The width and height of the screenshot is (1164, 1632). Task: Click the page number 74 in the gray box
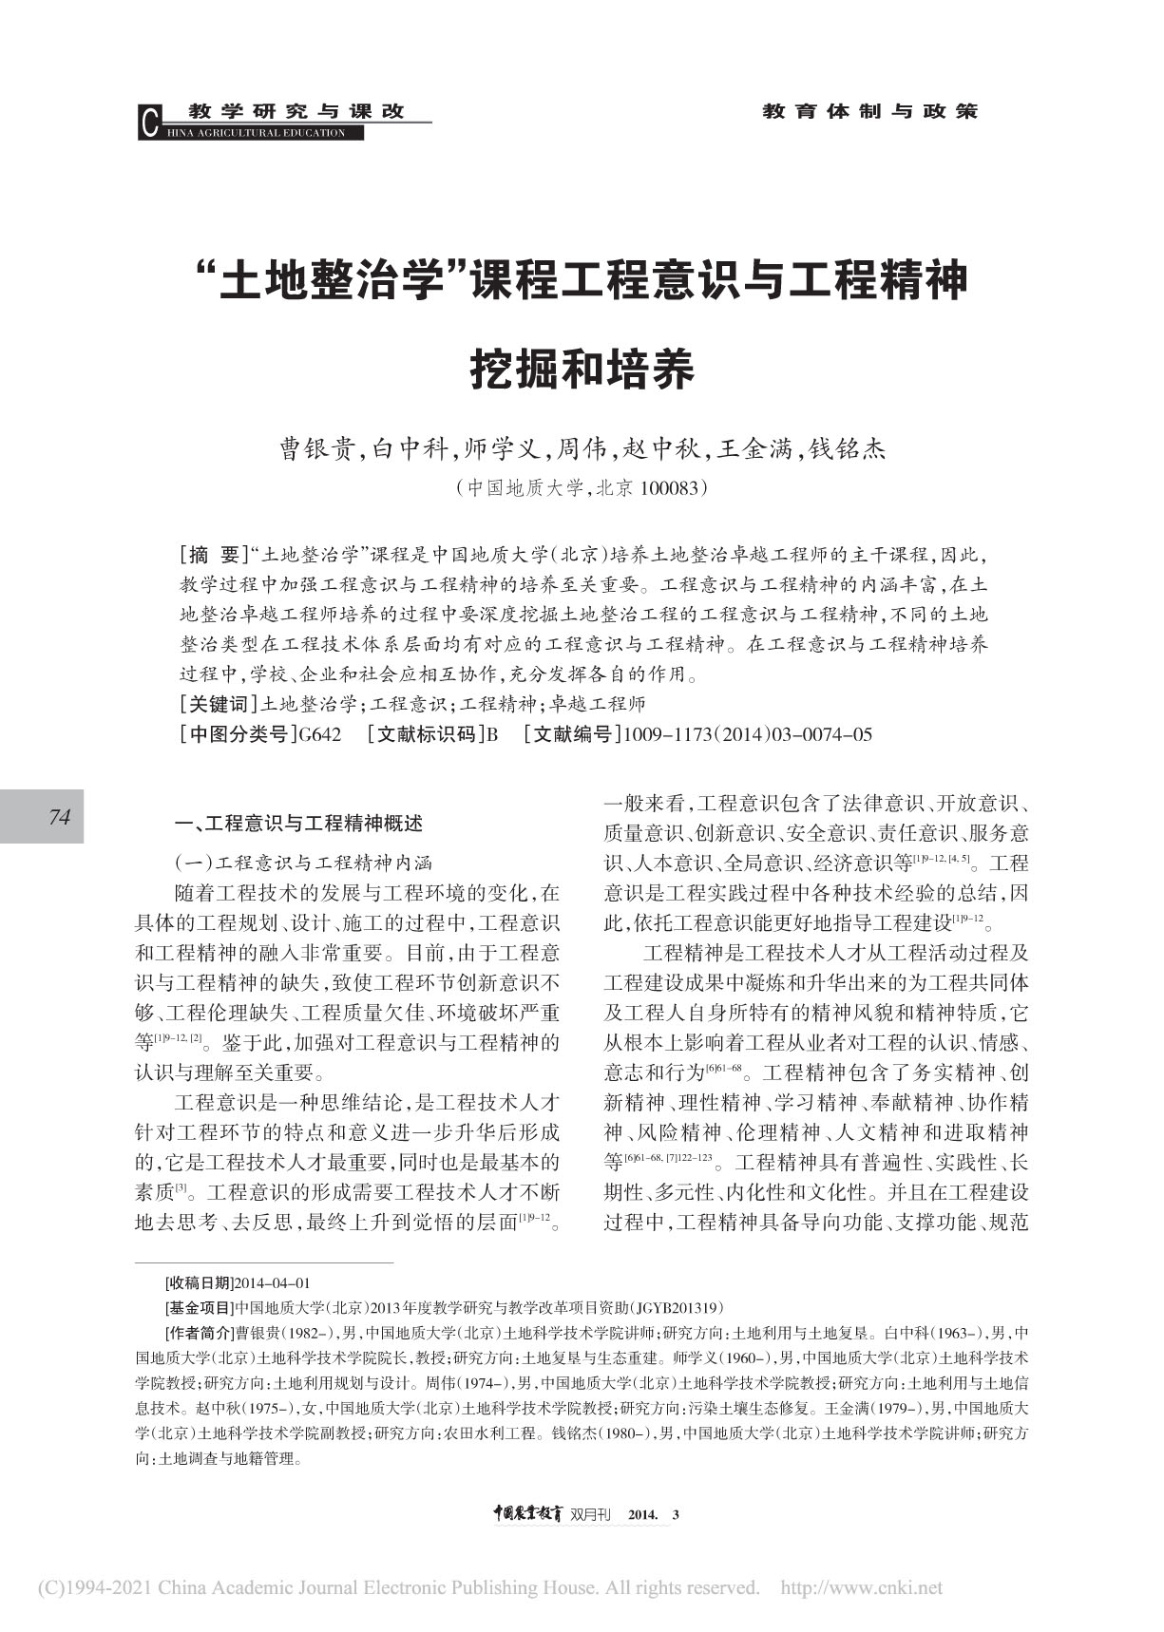[x=60, y=816]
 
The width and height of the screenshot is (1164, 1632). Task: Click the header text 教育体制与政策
[x=869, y=111]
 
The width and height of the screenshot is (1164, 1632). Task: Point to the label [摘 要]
[x=213, y=554]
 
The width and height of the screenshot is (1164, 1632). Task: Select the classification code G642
[x=319, y=734]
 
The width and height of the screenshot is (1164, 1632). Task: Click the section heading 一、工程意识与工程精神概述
[x=294, y=823]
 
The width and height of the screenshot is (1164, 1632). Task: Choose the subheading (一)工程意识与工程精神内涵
[x=302, y=863]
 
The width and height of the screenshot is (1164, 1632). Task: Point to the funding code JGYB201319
[x=676, y=1307]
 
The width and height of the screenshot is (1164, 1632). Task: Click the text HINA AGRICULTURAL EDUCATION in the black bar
[x=257, y=133]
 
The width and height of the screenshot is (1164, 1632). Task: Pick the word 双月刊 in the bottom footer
[x=594, y=1514]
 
